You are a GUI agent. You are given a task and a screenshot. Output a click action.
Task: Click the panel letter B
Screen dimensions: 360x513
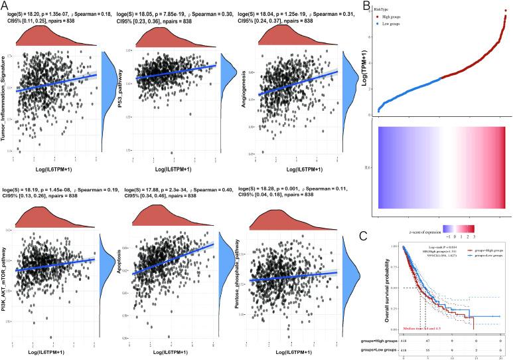[x=368, y=6]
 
